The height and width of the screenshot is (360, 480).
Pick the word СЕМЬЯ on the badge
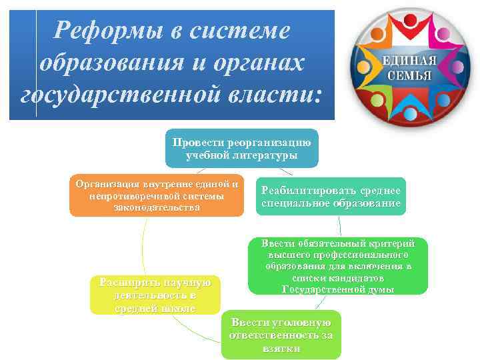[x=409, y=75]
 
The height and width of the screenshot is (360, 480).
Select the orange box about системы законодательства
[x=157, y=196]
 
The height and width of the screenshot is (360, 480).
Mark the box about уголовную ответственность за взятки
[x=281, y=335]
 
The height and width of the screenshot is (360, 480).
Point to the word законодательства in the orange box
[x=157, y=208]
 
